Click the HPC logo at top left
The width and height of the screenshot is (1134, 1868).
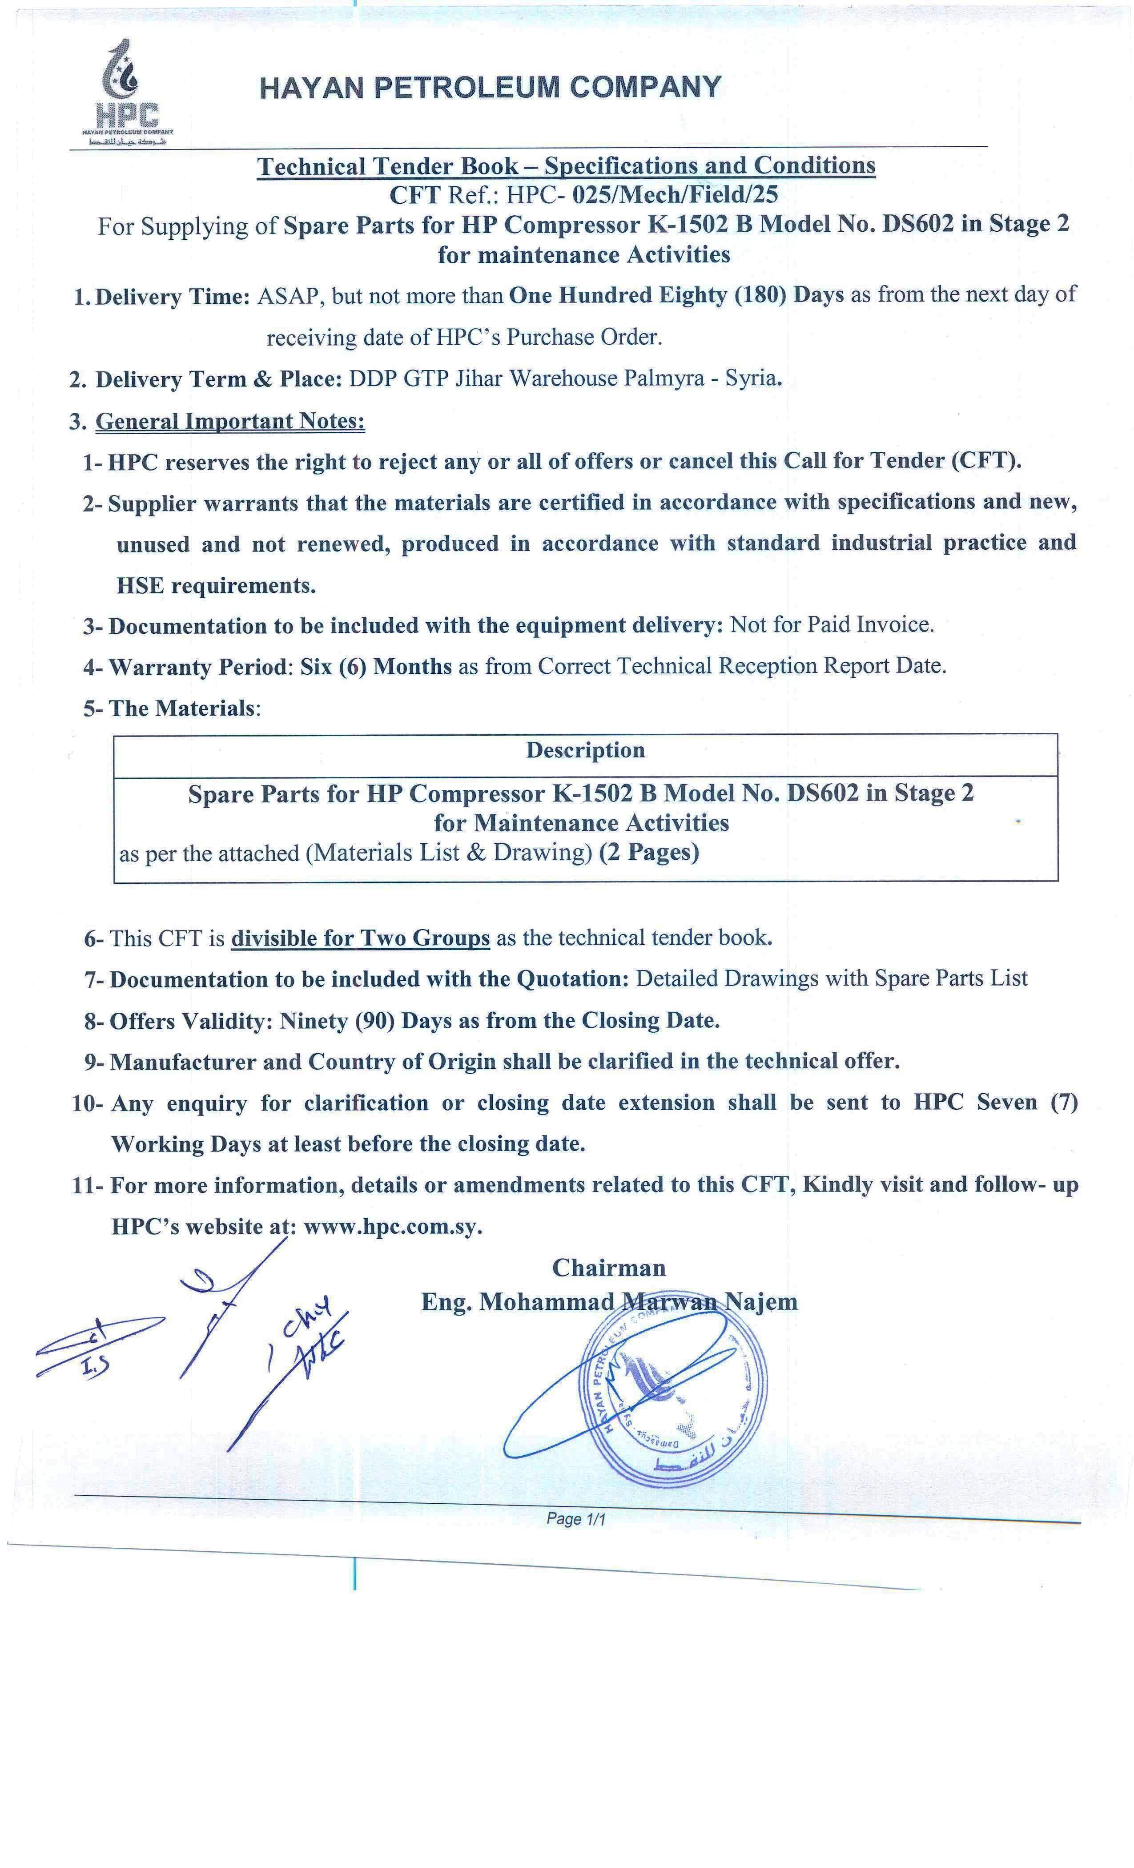coord(127,93)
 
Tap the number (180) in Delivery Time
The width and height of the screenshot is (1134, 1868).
coord(760,295)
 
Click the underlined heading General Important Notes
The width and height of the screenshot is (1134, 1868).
coord(229,421)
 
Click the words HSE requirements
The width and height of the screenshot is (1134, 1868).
coord(216,585)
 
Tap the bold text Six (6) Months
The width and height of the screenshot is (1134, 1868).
coord(376,666)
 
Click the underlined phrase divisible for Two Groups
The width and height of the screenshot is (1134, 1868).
coord(360,938)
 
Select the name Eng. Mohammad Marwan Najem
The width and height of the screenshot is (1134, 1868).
coord(609,1302)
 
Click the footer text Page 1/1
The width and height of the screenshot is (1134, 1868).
coord(575,1518)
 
